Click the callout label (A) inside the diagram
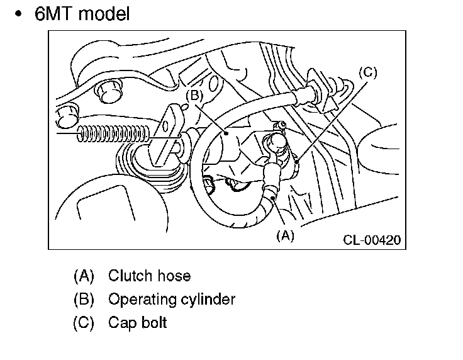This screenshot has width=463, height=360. [285, 236]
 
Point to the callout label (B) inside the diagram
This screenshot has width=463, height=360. [194, 95]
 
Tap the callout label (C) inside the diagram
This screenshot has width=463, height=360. [368, 72]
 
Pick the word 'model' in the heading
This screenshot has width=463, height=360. [105, 14]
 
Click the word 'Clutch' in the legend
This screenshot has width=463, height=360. [130, 276]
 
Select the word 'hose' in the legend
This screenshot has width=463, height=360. [173, 276]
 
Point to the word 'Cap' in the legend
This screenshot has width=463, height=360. [120, 323]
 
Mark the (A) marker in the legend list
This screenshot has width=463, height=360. [84, 276]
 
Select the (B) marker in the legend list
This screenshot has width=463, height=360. [84, 299]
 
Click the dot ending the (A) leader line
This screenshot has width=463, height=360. [272, 199]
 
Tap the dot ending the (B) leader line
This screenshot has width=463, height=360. [225, 133]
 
